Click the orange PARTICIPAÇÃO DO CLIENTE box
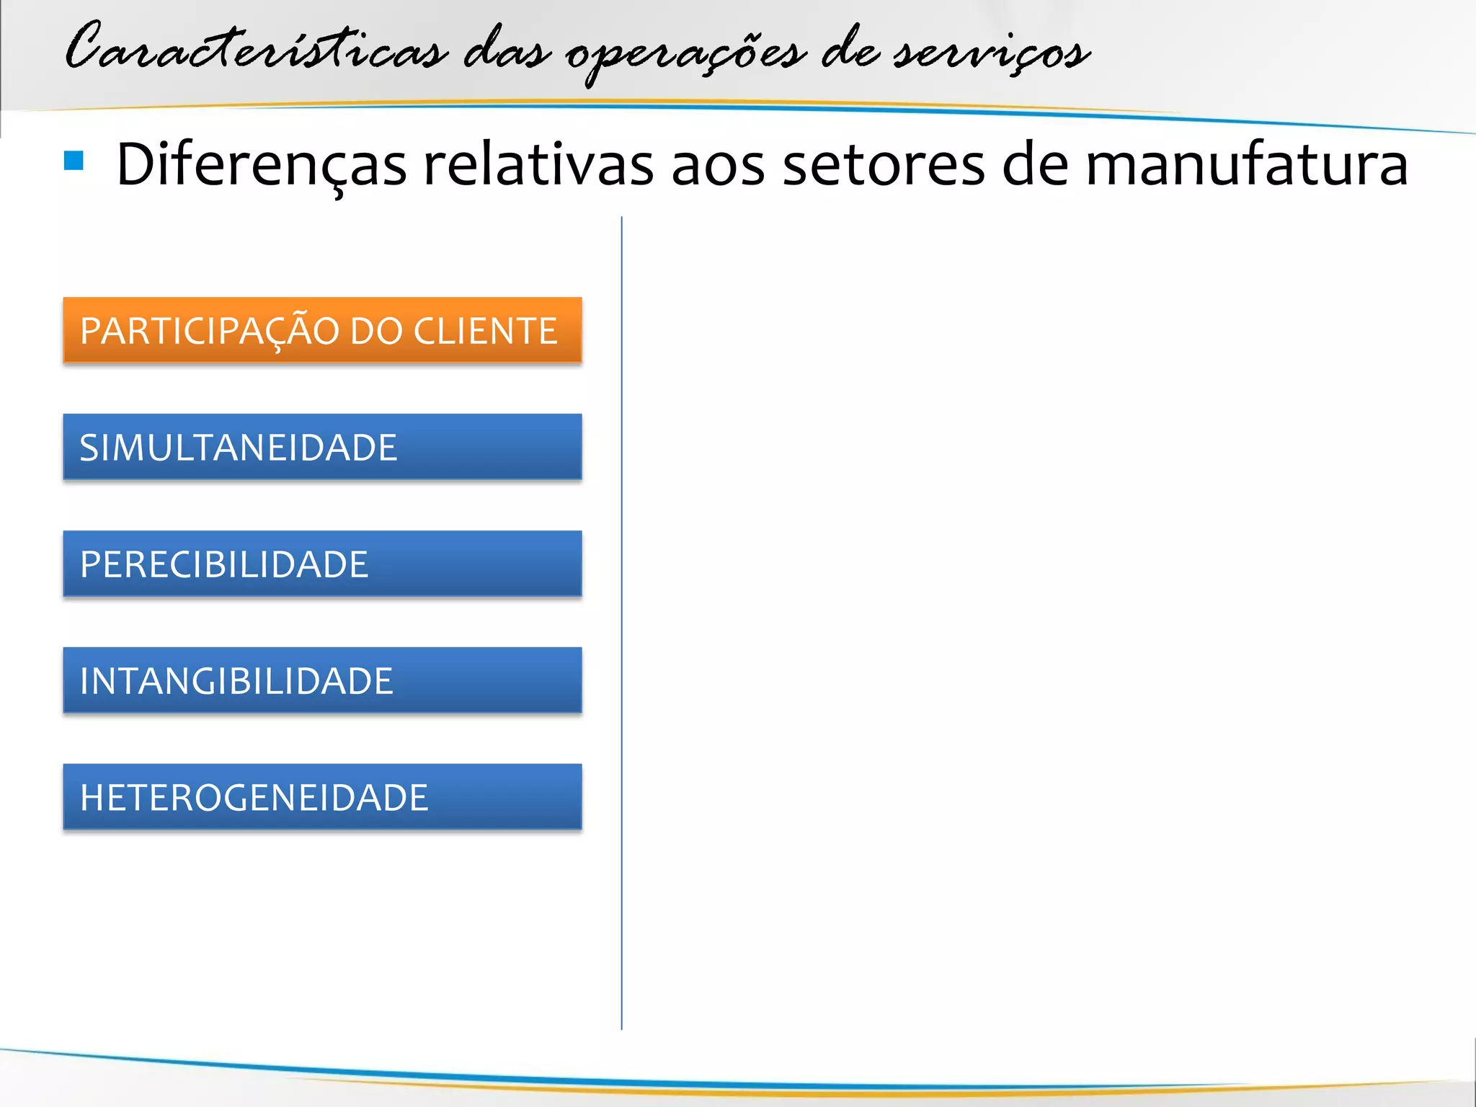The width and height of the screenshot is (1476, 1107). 322,329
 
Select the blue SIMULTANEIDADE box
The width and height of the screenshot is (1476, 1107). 322,446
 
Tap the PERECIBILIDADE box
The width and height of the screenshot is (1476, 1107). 322,563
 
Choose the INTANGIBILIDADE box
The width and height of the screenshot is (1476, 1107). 322,680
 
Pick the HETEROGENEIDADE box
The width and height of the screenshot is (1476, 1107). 322,796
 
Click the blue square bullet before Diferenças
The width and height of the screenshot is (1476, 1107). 74,160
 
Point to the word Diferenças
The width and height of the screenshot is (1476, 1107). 261,165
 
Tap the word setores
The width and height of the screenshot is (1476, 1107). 883,165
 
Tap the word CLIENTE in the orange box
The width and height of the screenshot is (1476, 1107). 485,331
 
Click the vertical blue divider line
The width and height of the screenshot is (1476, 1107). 621,620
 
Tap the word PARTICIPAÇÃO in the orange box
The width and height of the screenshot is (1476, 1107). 210,331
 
